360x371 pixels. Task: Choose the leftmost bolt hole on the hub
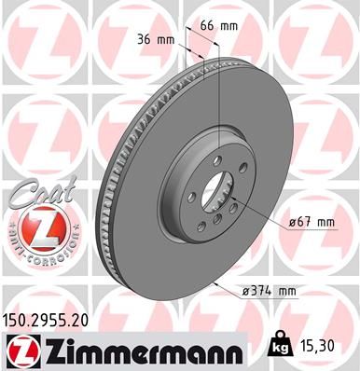coord(188,196)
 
